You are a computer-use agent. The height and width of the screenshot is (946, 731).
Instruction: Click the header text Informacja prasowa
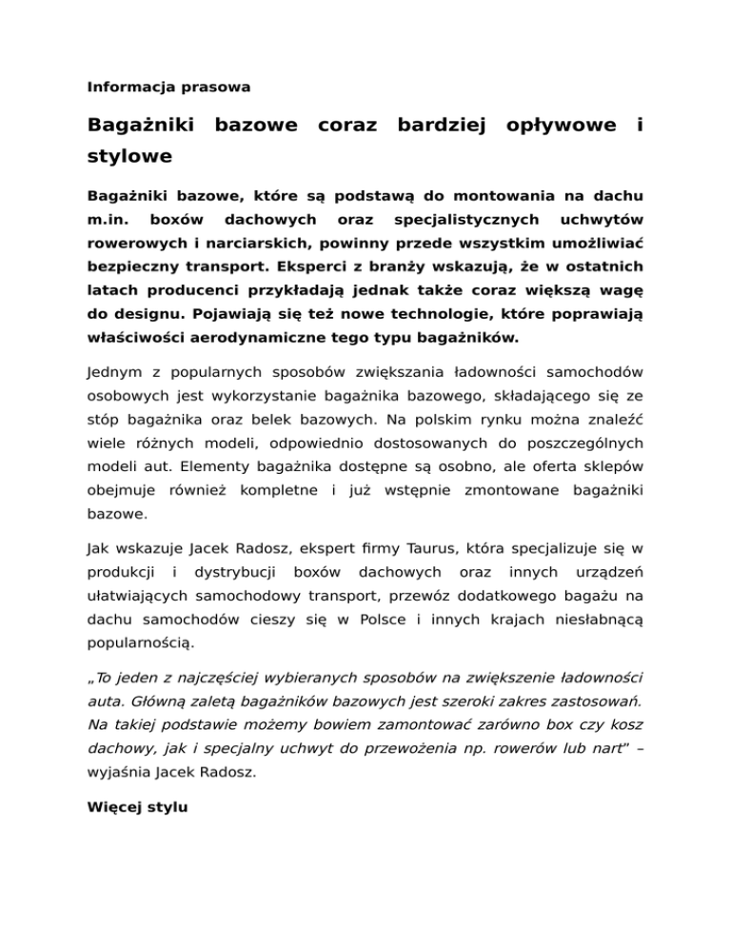tap(169, 87)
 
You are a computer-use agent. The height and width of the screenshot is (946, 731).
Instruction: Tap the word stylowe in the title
tap(129, 154)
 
